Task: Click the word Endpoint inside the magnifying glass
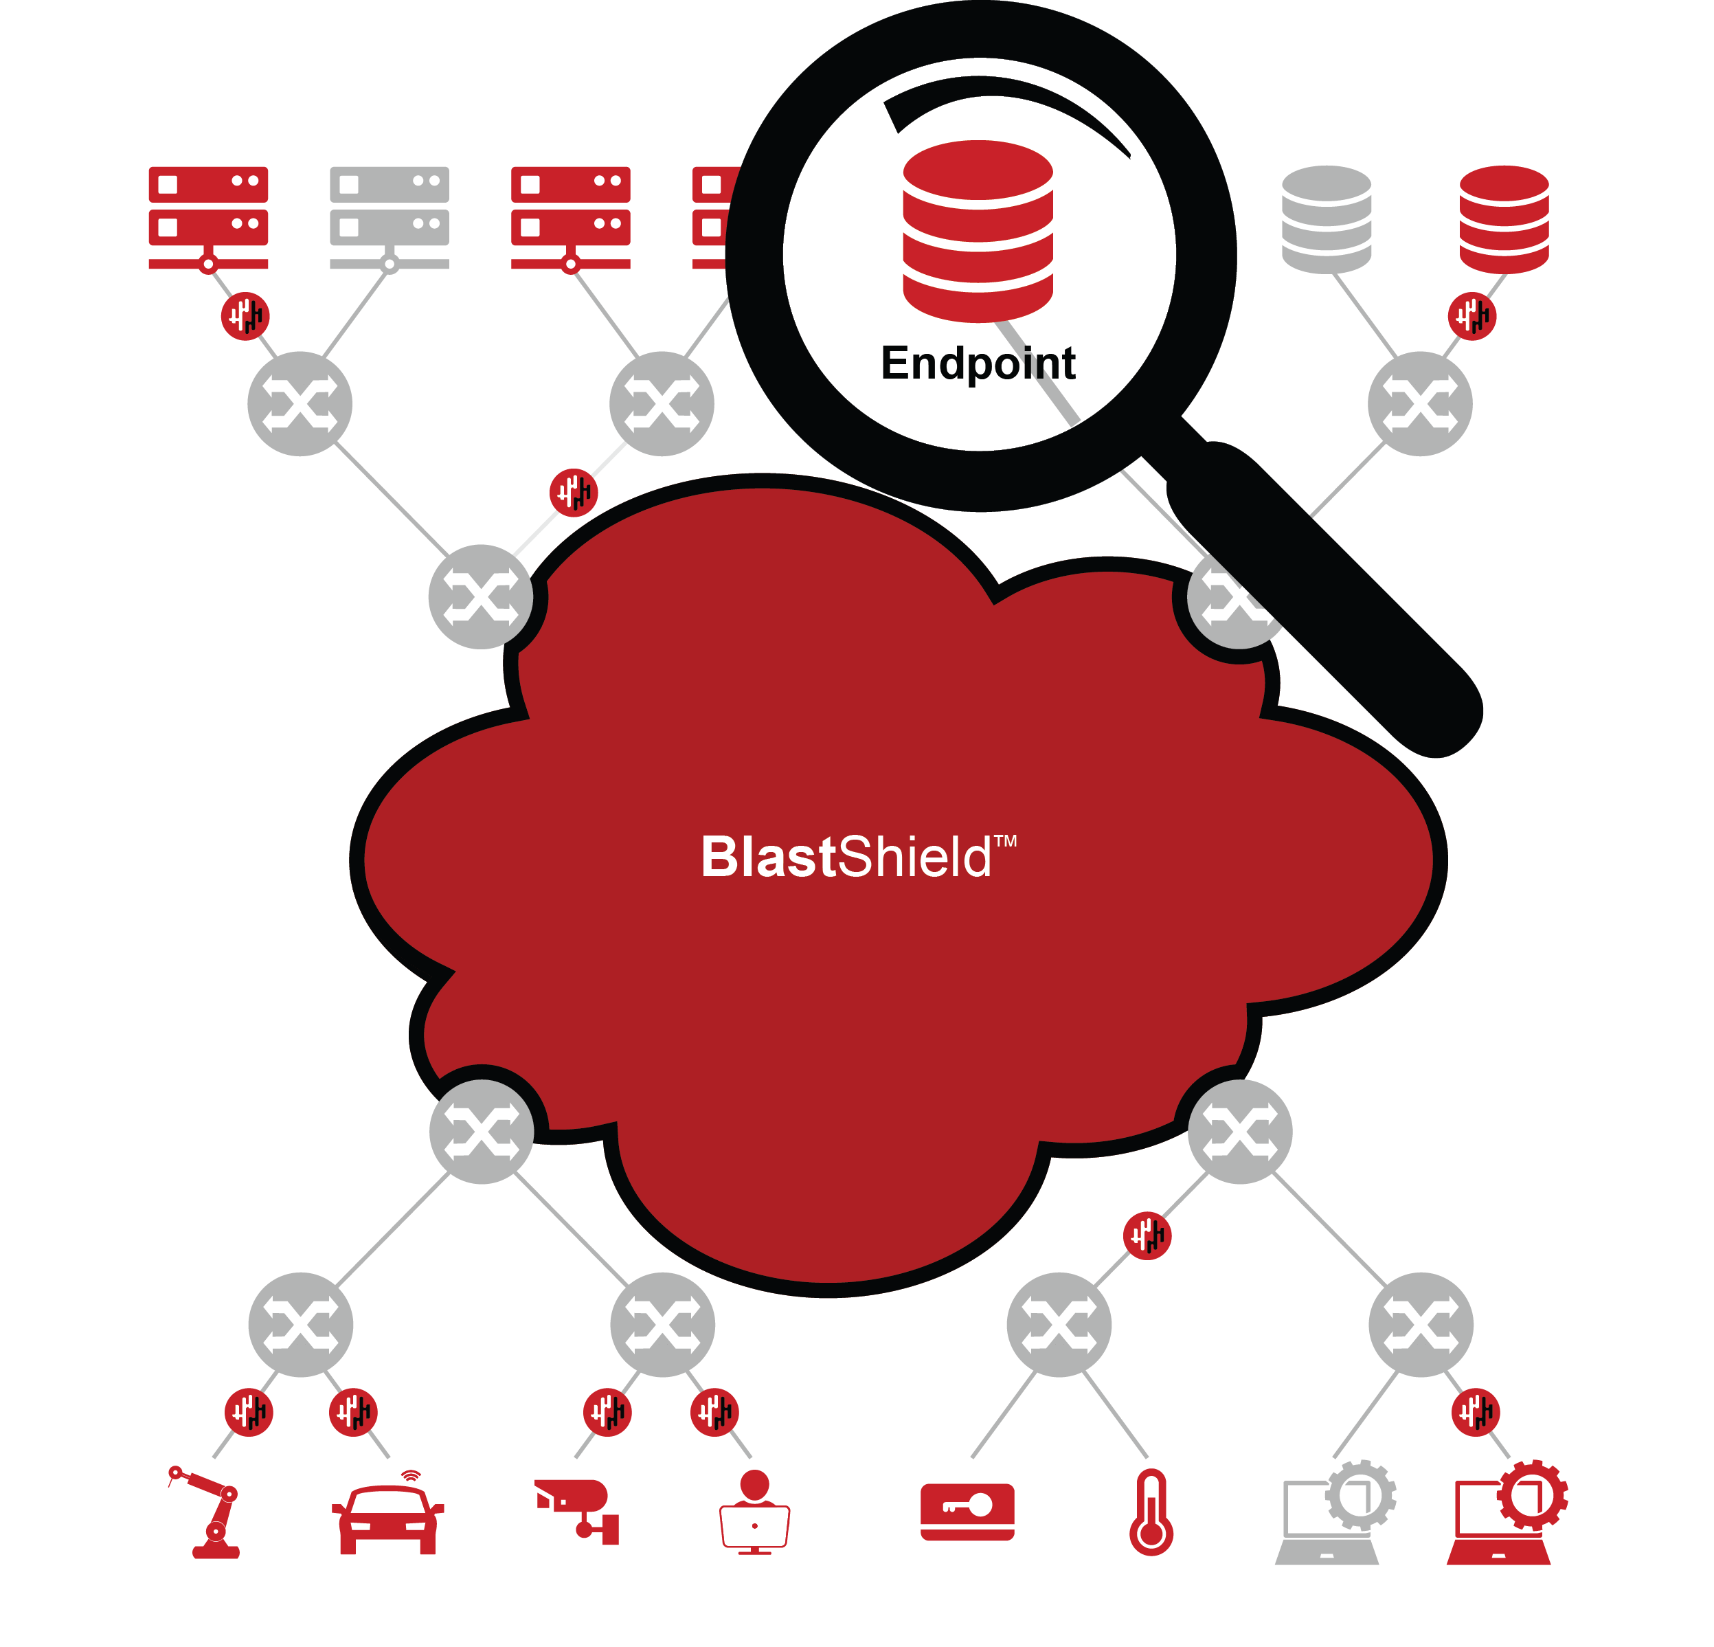[x=977, y=364]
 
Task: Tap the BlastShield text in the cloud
[x=846, y=858]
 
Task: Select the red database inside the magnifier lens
[x=978, y=231]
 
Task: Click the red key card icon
[x=967, y=1512]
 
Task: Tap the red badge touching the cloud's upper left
[x=573, y=493]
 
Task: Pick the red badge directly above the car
[x=353, y=1413]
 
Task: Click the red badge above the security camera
[x=607, y=1413]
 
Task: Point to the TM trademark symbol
[x=1006, y=842]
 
